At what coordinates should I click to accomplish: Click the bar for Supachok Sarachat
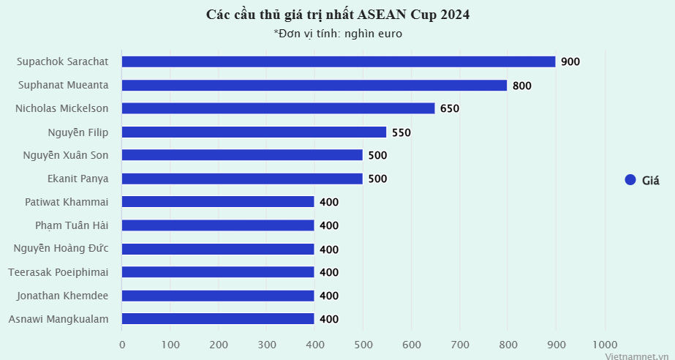pos(338,61)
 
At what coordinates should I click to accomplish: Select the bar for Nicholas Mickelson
pos(278,108)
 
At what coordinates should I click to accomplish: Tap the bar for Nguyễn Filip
pos(254,132)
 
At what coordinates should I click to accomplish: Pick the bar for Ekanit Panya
pos(242,179)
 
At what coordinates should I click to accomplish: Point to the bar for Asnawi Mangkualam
pos(218,319)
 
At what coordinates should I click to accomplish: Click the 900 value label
pos(570,61)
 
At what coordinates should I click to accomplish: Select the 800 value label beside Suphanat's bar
pos(522,86)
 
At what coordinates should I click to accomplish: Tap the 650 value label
pos(450,109)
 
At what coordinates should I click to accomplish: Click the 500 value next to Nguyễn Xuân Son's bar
pos(377,155)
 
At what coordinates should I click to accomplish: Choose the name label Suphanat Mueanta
pos(64,85)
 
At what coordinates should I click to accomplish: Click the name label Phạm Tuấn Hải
pos(72,225)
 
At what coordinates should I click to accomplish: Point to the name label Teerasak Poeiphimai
pos(59,272)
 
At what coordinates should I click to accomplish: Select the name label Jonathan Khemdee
pos(62,296)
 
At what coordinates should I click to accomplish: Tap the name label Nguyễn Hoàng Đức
pos(61,249)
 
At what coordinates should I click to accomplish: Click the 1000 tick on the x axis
pos(605,345)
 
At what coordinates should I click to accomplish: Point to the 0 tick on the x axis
pos(122,345)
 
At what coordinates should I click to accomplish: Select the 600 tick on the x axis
pos(412,345)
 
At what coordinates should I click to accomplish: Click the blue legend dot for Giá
pos(630,180)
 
